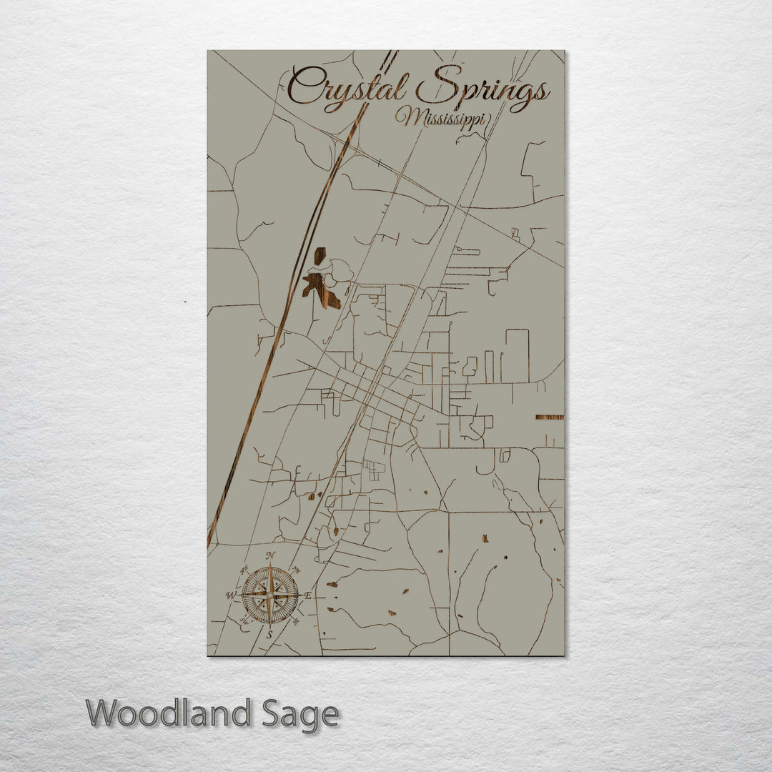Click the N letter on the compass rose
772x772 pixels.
coord(270,556)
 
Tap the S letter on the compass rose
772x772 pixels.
coord(269,634)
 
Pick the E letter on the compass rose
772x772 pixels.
coord(308,595)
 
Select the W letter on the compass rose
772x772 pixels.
coord(231,595)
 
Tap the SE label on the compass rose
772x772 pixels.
coord(297,622)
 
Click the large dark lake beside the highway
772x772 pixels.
coord(320,283)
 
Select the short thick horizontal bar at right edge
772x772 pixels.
coord(549,417)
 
